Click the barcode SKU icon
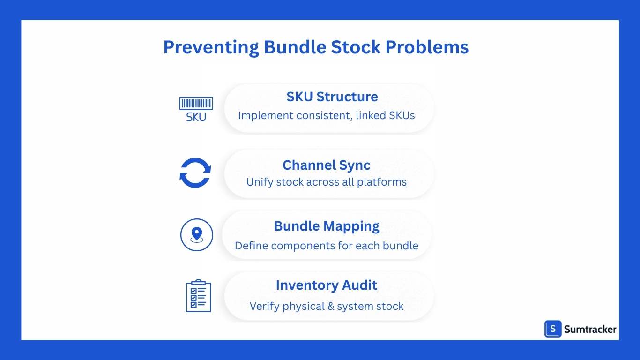tap(196, 109)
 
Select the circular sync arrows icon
tap(195, 172)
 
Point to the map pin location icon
tap(196, 235)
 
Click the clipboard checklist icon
tap(198, 296)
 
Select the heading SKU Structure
tap(332, 97)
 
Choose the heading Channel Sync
tap(326, 165)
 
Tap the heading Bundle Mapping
tap(326, 226)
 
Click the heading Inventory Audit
tap(326, 285)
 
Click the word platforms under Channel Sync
tap(381, 182)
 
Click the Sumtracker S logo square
tap(553, 329)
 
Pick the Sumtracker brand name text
tap(590, 330)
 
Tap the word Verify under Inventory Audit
tap(264, 307)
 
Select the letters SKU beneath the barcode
tap(196, 117)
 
